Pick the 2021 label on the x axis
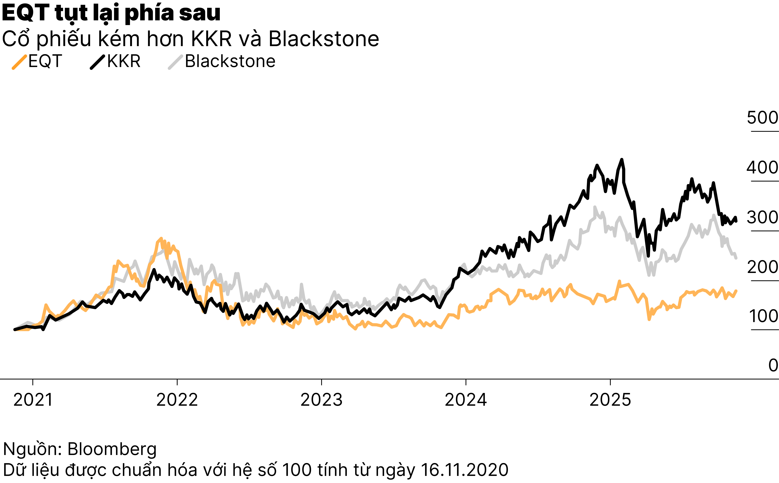point(33,400)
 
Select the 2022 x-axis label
point(177,400)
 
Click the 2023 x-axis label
point(321,400)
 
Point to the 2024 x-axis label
point(466,400)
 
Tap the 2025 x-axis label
point(610,400)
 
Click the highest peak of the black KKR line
point(622,159)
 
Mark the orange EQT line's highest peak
point(161,238)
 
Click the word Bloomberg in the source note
point(112,449)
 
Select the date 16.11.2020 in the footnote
point(464,470)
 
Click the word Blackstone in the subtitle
point(324,39)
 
